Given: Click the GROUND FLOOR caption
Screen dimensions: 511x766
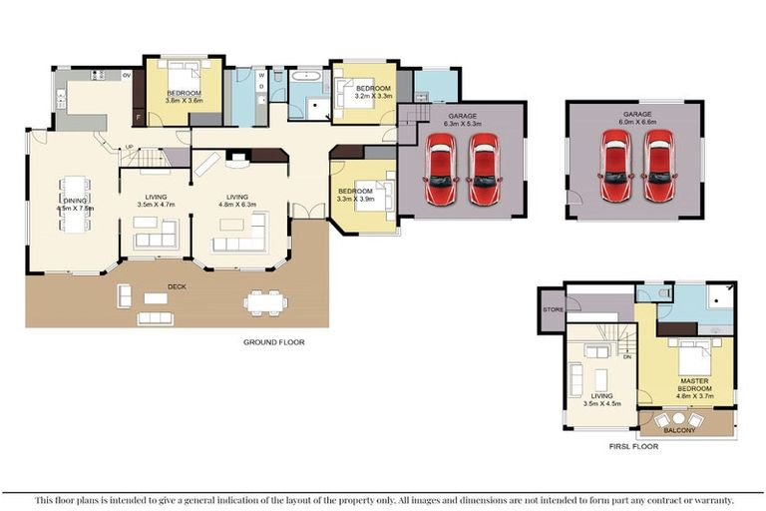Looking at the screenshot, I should tap(273, 342).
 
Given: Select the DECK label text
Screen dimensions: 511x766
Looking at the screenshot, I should tap(177, 286).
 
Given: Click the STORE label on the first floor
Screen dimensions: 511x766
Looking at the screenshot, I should tap(553, 309).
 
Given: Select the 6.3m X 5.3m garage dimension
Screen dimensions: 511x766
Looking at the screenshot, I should tap(462, 125).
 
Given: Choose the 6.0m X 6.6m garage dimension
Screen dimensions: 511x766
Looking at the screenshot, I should tap(637, 125).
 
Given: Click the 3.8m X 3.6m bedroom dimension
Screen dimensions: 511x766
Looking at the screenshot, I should tap(185, 101).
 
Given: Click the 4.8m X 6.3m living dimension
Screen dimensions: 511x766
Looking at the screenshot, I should tap(236, 205).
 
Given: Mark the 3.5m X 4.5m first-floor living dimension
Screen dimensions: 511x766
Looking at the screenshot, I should tap(600, 404).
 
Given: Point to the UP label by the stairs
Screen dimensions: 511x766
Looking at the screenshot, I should tap(129, 149).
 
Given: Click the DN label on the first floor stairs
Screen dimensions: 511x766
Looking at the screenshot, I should tap(627, 356).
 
